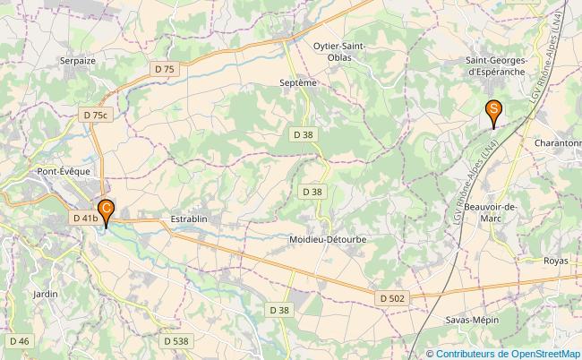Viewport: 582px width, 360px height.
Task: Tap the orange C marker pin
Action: click(106, 210)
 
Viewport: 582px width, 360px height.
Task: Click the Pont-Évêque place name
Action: click(60, 170)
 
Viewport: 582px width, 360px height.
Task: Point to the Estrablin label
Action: click(188, 218)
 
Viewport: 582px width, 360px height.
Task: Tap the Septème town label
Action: click(298, 81)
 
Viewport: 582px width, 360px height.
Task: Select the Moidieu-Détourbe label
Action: click(328, 240)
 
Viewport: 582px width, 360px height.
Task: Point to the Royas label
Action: click(555, 261)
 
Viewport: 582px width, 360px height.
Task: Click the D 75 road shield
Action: click(165, 68)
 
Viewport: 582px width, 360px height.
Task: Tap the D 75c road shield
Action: click(95, 115)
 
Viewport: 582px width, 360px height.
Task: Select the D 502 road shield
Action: click(391, 297)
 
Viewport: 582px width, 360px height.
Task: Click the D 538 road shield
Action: click(175, 340)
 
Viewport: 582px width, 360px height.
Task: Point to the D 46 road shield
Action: click(20, 340)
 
